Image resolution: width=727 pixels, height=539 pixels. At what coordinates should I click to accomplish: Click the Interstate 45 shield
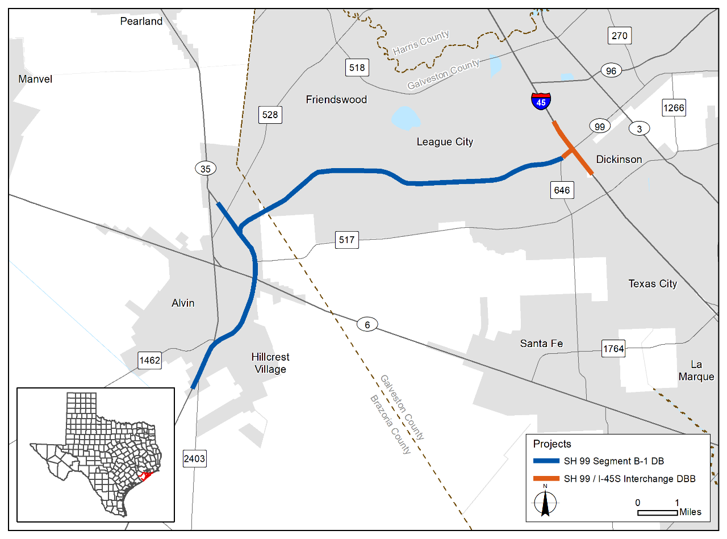pyautogui.click(x=541, y=101)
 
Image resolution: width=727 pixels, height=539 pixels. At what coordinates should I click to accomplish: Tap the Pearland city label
pyautogui.click(x=141, y=22)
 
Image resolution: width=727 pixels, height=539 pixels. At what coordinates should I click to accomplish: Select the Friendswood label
pyautogui.click(x=336, y=99)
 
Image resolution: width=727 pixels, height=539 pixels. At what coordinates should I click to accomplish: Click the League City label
pyautogui.click(x=445, y=141)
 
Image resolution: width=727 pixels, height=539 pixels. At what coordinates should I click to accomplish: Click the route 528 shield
pyautogui.click(x=270, y=115)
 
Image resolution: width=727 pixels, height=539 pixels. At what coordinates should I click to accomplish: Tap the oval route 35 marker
pyautogui.click(x=206, y=168)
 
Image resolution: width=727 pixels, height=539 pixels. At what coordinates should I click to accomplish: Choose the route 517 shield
pyautogui.click(x=346, y=240)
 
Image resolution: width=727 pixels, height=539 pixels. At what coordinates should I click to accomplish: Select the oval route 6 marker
pyautogui.click(x=367, y=325)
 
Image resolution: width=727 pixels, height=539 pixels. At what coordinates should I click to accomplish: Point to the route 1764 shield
pyautogui.click(x=613, y=348)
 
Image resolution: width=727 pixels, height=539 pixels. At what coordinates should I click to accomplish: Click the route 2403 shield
pyautogui.click(x=194, y=458)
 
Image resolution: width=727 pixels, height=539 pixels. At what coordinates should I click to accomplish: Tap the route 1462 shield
pyautogui.click(x=150, y=360)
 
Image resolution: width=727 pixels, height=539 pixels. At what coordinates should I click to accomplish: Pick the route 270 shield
pyautogui.click(x=620, y=36)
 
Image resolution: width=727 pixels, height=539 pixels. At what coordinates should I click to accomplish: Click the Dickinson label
pyautogui.click(x=619, y=159)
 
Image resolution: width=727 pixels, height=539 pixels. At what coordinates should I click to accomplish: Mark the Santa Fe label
pyautogui.click(x=541, y=343)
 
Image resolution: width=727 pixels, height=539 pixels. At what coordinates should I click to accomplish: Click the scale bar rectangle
pyautogui.click(x=658, y=513)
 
